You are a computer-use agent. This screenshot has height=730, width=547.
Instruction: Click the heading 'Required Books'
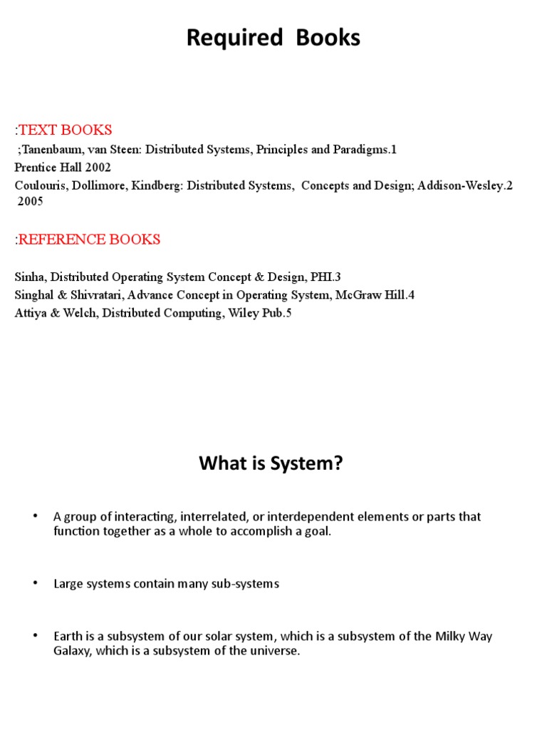click(273, 38)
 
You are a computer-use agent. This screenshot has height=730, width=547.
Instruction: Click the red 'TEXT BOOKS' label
click(65, 130)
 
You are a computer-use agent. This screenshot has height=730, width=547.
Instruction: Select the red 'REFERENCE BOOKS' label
click(89, 240)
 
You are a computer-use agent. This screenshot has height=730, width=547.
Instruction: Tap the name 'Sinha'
click(29, 277)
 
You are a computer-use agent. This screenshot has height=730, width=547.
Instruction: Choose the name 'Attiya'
click(31, 312)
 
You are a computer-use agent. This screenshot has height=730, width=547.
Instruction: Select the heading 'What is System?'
click(271, 465)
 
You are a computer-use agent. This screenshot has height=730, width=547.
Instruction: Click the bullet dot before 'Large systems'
click(34, 583)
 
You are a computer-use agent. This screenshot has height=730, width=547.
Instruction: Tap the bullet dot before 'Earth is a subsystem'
click(34, 634)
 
